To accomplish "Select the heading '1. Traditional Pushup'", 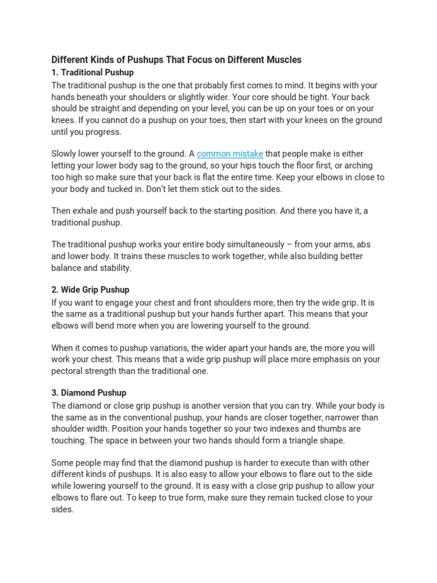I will tap(93, 72).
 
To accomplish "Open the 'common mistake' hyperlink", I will tap(230, 154).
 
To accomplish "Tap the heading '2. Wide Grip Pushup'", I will tap(90, 290).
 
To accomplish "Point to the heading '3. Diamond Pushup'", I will tap(89, 393).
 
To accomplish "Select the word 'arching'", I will tap(357, 166).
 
